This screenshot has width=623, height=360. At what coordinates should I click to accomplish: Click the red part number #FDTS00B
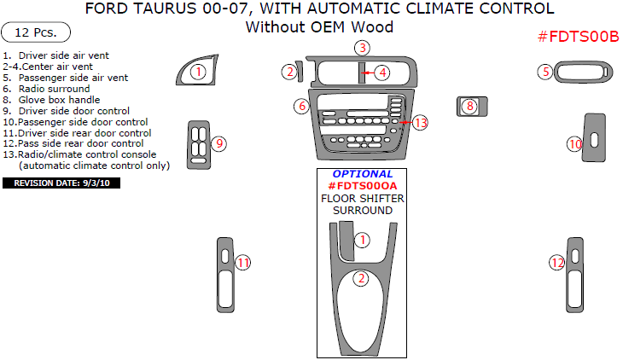[578, 36]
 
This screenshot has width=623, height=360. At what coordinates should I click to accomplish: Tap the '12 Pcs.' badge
[36, 33]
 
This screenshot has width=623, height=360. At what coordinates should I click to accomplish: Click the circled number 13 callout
[420, 123]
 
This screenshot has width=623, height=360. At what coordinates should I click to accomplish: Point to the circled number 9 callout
[219, 143]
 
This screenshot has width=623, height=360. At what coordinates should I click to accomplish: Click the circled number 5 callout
[544, 72]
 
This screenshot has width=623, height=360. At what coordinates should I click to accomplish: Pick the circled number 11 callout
[243, 263]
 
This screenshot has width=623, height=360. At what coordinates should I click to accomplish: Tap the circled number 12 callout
[556, 264]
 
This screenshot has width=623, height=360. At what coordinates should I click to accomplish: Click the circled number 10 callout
[575, 144]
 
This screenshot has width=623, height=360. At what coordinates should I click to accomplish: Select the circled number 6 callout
[301, 107]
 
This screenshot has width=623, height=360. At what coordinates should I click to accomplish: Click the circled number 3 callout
[362, 48]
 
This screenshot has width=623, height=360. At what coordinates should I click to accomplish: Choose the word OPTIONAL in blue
[363, 174]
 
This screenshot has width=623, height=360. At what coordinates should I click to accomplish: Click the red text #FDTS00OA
[363, 186]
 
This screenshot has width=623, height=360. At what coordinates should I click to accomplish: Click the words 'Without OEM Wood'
[319, 27]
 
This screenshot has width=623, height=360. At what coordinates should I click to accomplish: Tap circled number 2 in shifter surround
[362, 278]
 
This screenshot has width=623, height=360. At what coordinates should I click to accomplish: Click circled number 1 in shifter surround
[363, 240]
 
